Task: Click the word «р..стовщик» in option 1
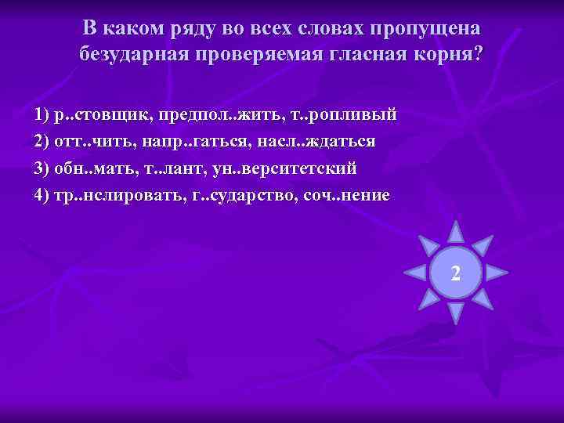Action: (102, 115)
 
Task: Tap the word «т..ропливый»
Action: (344, 115)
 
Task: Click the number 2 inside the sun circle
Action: (456, 273)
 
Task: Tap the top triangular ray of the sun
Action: (455, 231)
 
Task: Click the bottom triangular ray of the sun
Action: (455, 313)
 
